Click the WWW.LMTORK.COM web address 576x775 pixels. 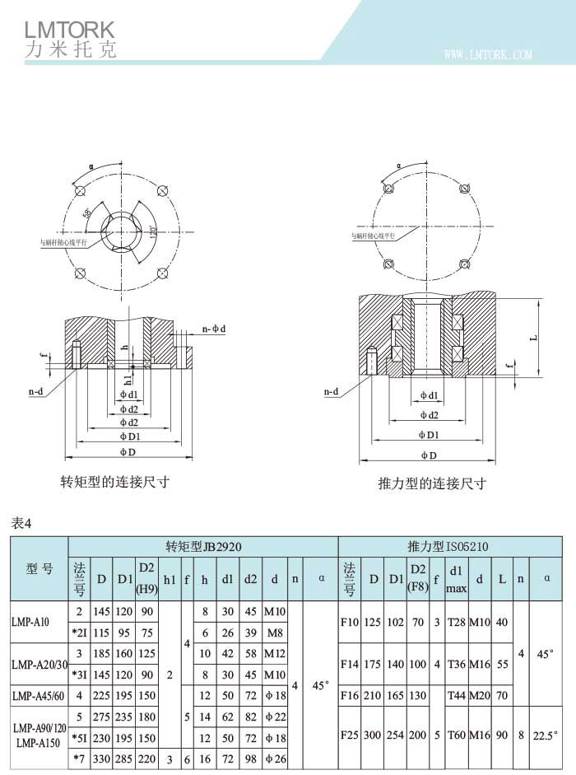[488, 55]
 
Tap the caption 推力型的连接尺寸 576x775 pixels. [431, 483]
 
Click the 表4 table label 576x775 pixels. [21, 521]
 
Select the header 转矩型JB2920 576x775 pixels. [203, 546]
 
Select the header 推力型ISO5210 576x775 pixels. [448, 546]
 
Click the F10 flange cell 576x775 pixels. [349, 622]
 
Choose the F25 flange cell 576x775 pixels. [349, 733]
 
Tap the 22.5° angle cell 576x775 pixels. [546, 733]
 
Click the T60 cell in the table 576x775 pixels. [456, 733]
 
